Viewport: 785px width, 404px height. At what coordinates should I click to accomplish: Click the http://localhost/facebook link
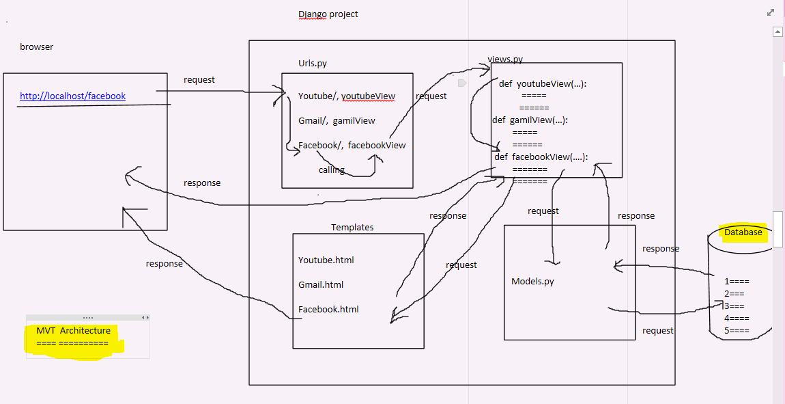(x=72, y=96)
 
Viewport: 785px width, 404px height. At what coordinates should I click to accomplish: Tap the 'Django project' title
(x=328, y=14)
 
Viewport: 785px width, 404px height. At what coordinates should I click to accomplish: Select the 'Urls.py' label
(x=313, y=64)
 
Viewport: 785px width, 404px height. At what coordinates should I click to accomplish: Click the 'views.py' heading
(x=505, y=59)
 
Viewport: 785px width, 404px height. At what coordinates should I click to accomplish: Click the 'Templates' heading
(x=352, y=228)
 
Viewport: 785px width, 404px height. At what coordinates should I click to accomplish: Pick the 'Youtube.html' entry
(x=326, y=260)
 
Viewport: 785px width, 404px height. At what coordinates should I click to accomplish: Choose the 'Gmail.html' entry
(x=321, y=284)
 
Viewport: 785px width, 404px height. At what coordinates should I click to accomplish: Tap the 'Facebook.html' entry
(x=328, y=309)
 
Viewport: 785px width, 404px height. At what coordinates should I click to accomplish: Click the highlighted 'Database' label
(x=743, y=232)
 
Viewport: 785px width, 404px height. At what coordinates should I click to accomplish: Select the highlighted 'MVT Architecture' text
(x=74, y=331)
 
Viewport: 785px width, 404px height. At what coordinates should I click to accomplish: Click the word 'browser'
(x=36, y=47)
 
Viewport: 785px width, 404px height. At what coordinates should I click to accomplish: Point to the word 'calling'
(x=332, y=170)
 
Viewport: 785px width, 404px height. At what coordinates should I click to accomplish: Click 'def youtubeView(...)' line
(x=543, y=83)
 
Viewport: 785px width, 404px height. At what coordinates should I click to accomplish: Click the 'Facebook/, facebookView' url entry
(x=352, y=145)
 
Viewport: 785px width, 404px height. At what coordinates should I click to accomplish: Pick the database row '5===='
(x=737, y=331)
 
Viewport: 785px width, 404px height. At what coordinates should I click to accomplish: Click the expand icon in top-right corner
(x=771, y=12)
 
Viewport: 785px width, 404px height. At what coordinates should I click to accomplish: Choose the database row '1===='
(x=737, y=282)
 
